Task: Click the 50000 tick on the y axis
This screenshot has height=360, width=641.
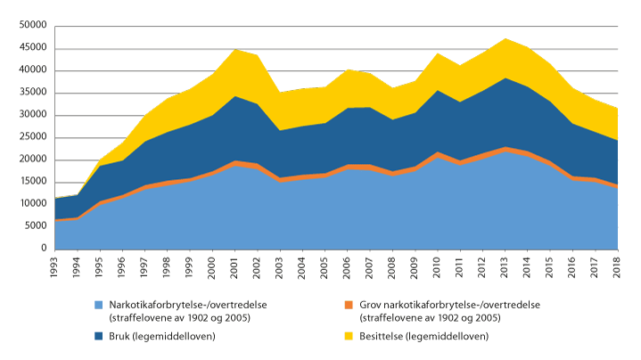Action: click(32, 26)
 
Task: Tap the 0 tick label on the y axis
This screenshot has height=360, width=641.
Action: click(42, 249)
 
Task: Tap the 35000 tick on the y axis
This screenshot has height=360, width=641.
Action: click(32, 93)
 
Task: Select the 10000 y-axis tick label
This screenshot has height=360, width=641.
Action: click(32, 204)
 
